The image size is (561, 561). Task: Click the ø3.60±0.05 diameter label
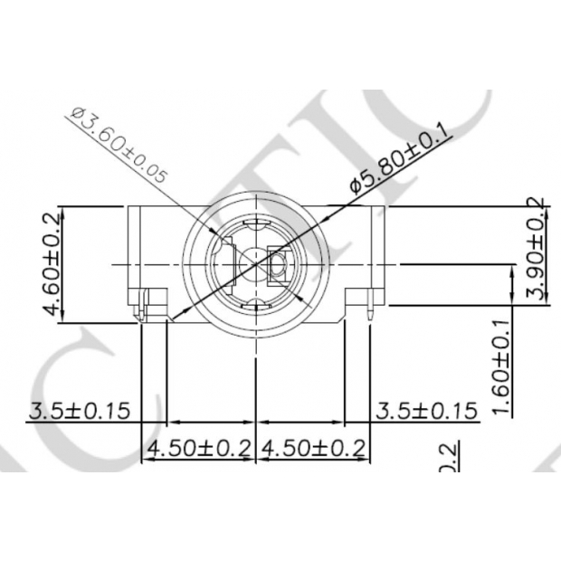pos(119,146)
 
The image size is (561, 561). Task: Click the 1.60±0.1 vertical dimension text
pos(503,366)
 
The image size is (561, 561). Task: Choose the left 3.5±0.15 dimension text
pos(80,410)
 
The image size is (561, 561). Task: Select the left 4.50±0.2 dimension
pos(199,448)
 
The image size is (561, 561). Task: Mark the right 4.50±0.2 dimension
pos(313,448)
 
